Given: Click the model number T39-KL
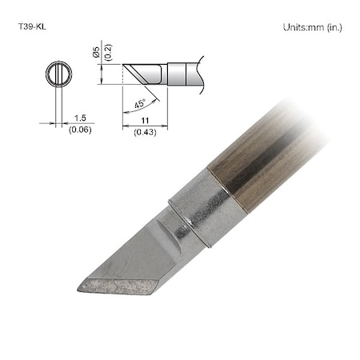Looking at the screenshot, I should (31, 26).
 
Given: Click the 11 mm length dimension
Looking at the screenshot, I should (144, 118).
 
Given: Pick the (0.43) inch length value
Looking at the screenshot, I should (144, 131).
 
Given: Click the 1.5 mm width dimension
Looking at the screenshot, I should (78, 118).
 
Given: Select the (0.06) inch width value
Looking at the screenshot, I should (79, 130).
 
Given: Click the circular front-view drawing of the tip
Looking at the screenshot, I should (58, 74).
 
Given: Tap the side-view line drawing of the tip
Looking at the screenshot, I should (160, 74).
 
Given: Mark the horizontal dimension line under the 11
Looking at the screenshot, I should (146, 125).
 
